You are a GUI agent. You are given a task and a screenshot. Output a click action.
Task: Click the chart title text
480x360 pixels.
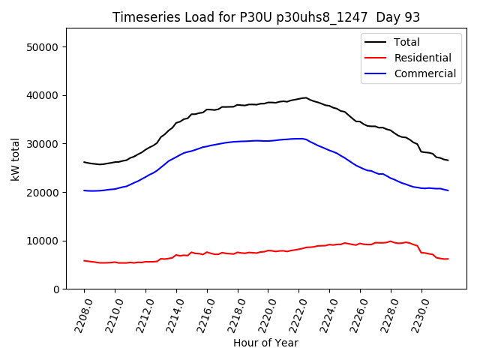266,17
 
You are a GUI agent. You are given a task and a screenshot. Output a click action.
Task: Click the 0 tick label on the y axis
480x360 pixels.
55,289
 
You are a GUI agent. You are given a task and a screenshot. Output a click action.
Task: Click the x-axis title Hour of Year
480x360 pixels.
265,343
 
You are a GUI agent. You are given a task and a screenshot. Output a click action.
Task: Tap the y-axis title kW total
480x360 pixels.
15,159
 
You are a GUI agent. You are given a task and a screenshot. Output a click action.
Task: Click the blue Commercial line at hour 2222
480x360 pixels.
299,139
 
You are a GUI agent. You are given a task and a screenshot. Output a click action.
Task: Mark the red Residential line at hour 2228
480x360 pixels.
391,241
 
